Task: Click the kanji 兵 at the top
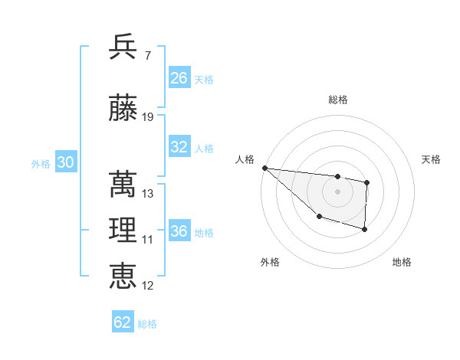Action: coord(123,47)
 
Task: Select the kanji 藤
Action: coord(123,108)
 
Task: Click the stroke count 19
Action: coord(148,117)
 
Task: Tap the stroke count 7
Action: coord(147,56)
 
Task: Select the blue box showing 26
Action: coord(179,78)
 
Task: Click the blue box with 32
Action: coord(179,147)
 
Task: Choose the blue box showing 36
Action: coord(179,231)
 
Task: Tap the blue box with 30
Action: coord(65,162)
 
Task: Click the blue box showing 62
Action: coord(123,322)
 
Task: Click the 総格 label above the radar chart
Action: coord(338,100)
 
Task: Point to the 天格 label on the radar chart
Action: coord(432,159)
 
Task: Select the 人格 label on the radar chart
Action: coord(245,159)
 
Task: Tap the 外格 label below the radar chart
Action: coord(270,262)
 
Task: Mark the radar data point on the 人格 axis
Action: coord(264,168)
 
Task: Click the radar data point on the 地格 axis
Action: coord(365,229)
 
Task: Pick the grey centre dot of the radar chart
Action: coord(338,191)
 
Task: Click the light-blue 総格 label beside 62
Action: coord(147,324)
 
